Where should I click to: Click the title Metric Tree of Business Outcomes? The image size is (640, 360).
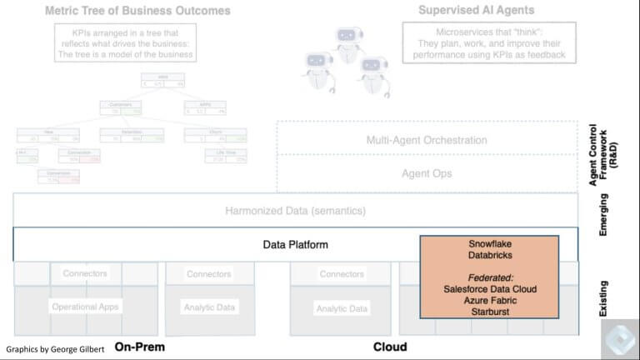tap(138, 11)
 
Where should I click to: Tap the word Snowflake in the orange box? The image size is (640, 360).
tap(489, 243)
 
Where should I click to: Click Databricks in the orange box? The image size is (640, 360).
tap(489, 255)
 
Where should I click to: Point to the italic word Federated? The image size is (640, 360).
tap(489, 276)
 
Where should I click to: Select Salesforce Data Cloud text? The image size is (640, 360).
tap(489, 287)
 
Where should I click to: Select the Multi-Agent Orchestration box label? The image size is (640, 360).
tap(427, 140)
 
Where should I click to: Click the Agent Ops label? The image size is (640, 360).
tap(427, 173)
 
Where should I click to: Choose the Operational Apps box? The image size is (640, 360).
tap(85, 307)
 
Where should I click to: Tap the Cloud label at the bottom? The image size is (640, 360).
tap(390, 347)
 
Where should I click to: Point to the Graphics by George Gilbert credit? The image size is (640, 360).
tap(55, 348)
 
